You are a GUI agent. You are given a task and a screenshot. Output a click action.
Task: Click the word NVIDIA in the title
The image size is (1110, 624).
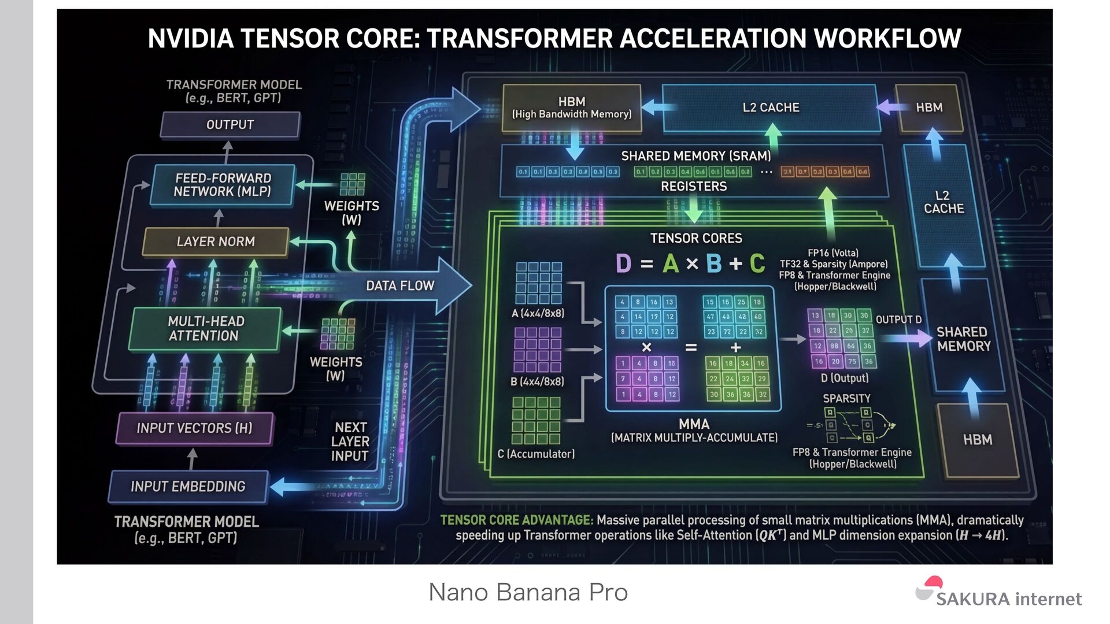[190, 39]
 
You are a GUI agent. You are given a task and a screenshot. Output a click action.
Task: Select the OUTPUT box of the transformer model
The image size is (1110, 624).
[230, 125]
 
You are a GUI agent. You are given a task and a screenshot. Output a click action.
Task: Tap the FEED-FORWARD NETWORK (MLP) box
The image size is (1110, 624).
[223, 185]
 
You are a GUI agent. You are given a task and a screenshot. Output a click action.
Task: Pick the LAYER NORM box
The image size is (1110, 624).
[216, 242]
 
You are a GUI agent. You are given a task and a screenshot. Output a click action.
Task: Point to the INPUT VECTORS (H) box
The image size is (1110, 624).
[194, 428]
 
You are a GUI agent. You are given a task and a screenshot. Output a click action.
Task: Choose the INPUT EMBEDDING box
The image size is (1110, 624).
[188, 486]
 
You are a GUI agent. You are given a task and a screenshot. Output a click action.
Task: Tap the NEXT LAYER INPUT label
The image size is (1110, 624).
[350, 441]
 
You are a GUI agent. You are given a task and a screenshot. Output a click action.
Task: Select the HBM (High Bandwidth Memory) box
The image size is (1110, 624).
[572, 107]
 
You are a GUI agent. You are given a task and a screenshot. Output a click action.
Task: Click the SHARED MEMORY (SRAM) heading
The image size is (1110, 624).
[696, 156]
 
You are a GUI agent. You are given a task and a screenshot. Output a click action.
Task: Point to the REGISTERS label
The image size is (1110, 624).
[694, 186]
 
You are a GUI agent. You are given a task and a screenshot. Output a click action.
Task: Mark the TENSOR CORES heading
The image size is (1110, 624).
[696, 238]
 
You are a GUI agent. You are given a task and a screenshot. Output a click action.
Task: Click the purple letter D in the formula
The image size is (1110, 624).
[623, 264]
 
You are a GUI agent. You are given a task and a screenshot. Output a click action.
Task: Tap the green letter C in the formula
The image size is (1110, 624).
[757, 264]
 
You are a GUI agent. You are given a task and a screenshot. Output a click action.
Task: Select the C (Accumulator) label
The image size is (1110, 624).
[536, 454]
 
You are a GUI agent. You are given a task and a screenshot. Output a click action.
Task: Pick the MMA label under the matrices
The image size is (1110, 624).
[694, 424]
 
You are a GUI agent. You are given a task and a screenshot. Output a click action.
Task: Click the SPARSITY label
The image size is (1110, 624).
[846, 399]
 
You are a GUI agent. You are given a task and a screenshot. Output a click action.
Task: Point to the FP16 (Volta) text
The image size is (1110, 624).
[833, 253]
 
